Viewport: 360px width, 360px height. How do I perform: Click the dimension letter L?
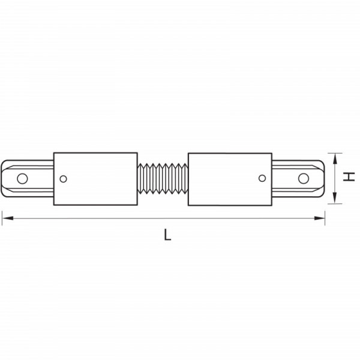point(167,235)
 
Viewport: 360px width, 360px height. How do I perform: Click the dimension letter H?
point(349,176)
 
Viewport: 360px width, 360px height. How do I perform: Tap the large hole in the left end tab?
point(23,178)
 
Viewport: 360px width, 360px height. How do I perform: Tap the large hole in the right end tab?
point(303,178)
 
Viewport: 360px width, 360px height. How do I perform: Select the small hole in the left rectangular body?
point(63,179)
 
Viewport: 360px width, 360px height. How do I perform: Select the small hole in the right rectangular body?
point(262,178)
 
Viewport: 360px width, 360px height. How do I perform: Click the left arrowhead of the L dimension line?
point(8,218)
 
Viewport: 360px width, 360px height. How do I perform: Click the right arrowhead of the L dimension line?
point(319,218)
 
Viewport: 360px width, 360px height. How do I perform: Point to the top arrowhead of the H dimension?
point(335,158)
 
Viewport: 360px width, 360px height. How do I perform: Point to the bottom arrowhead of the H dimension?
point(335,198)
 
